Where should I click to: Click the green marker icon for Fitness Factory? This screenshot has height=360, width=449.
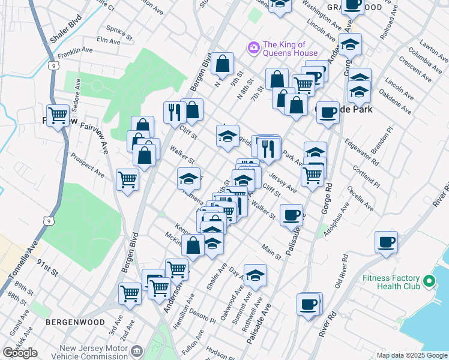click(x=429, y=281)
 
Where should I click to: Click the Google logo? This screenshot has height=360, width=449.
click(x=20, y=353)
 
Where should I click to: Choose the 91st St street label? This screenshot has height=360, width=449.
click(x=47, y=264)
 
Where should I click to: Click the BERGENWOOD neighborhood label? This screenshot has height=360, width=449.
click(x=68, y=322)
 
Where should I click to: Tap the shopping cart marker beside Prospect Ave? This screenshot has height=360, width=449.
click(x=127, y=179)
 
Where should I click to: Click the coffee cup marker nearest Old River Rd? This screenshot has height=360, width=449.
click(x=386, y=242)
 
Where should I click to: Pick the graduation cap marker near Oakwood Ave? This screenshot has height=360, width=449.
click(x=255, y=275)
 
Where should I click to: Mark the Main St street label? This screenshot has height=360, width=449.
click(x=271, y=251)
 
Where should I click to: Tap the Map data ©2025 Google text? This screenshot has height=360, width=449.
click(x=412, y=355)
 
